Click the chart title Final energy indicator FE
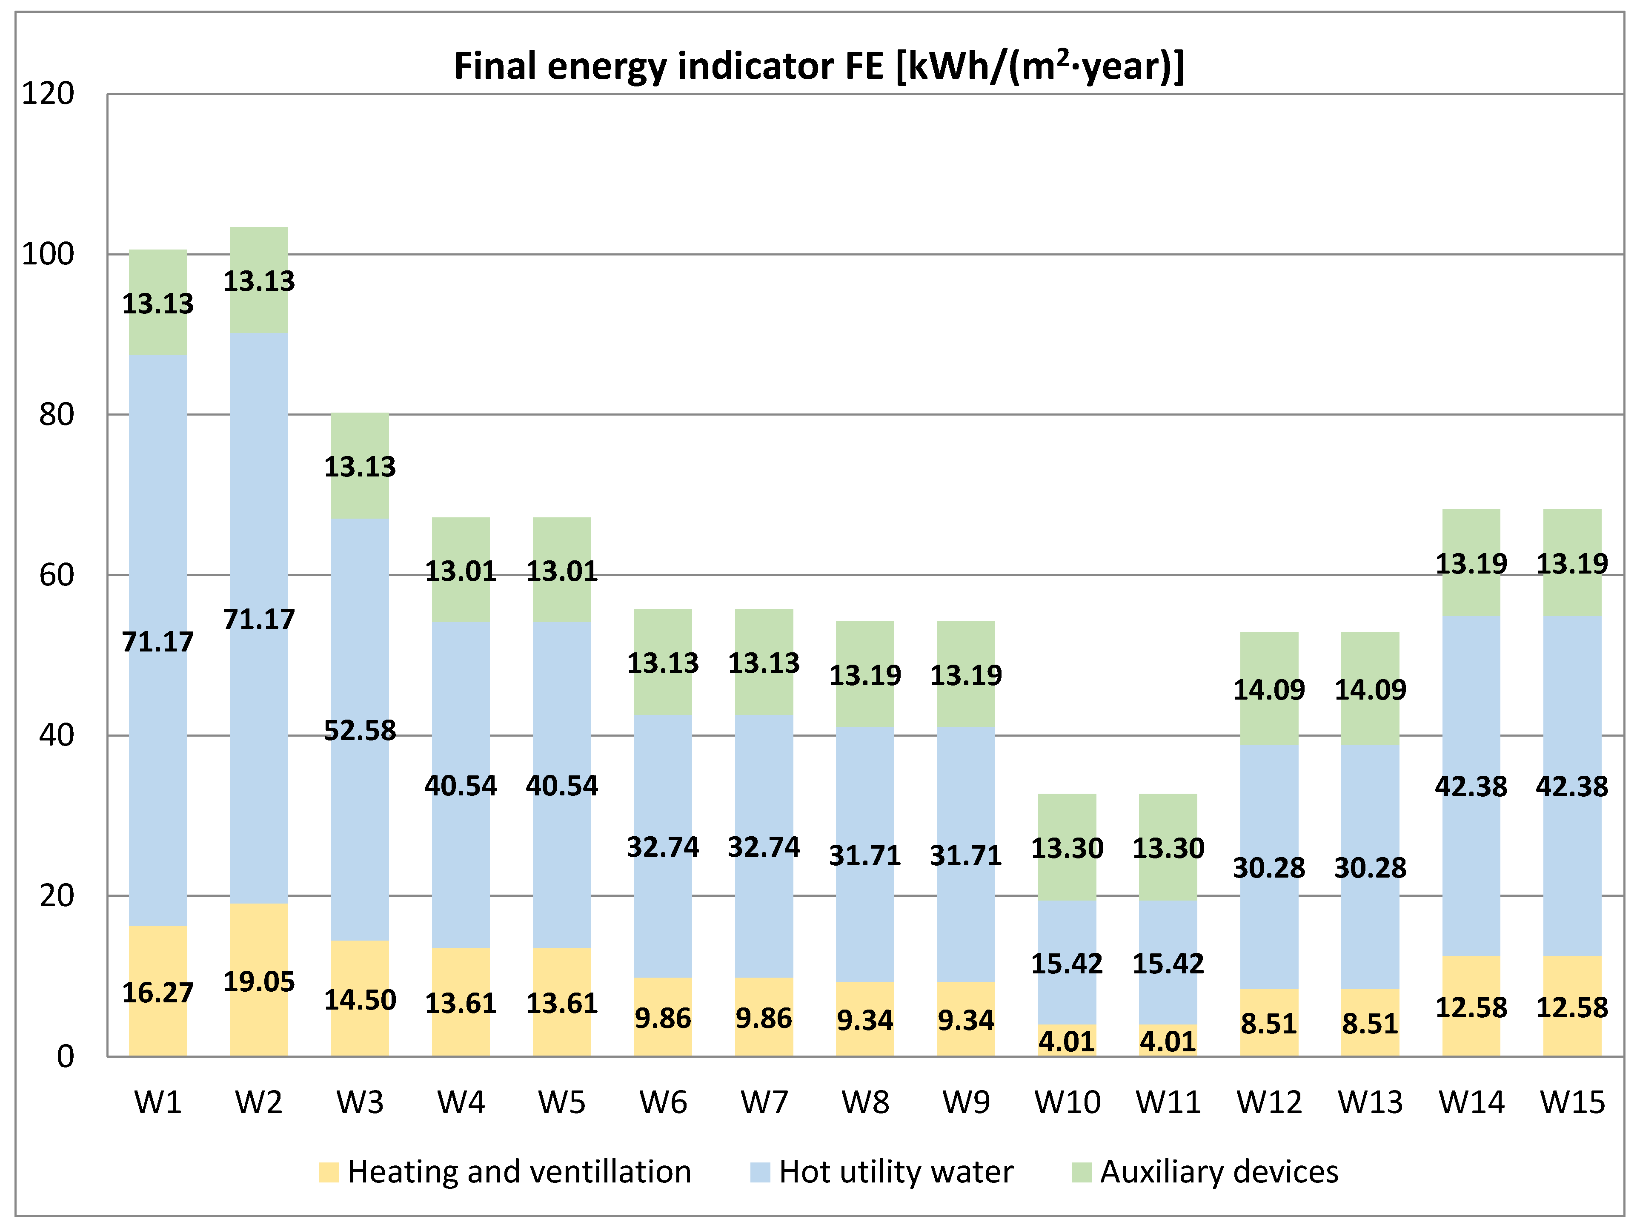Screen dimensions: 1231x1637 (818, 66)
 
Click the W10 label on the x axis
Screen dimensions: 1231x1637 (1067, 1103)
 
